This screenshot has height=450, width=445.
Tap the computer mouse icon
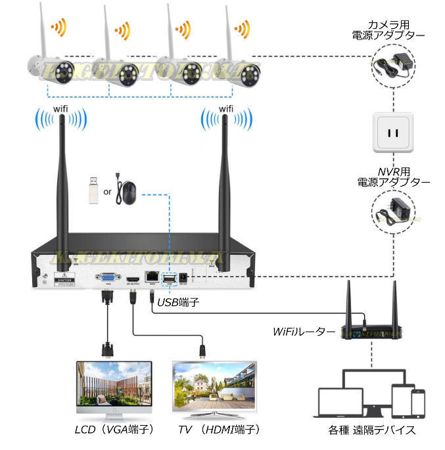[x=128, y=192]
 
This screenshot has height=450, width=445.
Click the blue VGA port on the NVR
[x=105, y=279]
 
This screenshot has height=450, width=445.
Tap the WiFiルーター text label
[x=304, y=332]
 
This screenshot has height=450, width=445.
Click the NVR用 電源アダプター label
[x=394, y=175]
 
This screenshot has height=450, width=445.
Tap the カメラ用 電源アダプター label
[x=394, y=30]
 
